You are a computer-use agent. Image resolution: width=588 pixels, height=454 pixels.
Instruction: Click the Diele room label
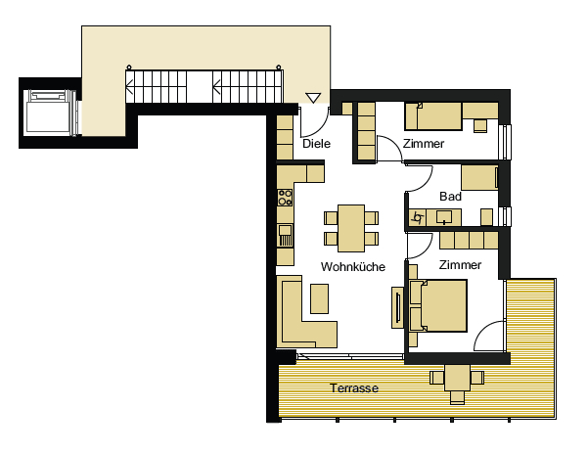click(316, 144)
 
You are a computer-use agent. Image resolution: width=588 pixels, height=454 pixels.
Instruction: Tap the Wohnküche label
click(353, 267)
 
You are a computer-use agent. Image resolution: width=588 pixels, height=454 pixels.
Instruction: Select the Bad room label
click(450, 196)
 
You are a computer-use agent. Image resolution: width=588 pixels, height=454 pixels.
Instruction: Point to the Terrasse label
click(354, 388)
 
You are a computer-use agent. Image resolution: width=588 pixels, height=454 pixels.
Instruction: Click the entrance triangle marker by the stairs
click(313, 98)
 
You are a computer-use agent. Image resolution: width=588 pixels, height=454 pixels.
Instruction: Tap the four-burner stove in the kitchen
click(285, 198)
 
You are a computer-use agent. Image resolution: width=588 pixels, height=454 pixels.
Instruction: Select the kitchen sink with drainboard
click(285, 235)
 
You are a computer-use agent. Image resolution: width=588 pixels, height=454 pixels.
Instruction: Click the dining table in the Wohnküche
click(351, 228)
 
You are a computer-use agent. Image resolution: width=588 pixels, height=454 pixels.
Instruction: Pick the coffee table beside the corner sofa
click(319, 298)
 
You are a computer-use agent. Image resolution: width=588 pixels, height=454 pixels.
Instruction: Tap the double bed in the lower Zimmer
click(438, 305)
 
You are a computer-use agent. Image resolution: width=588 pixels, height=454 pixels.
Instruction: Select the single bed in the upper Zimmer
click(433, 116)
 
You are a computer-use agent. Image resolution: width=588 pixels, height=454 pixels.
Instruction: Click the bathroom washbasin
click(444, 217)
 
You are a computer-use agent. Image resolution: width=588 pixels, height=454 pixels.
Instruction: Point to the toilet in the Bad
click(486, 217)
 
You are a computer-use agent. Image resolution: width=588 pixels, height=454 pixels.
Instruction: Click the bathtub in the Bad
click(479, 177)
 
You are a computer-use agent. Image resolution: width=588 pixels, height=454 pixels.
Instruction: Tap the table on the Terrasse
click(457, 378)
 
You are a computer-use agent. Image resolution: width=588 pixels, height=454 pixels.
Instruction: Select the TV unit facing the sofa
click(397, 308)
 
